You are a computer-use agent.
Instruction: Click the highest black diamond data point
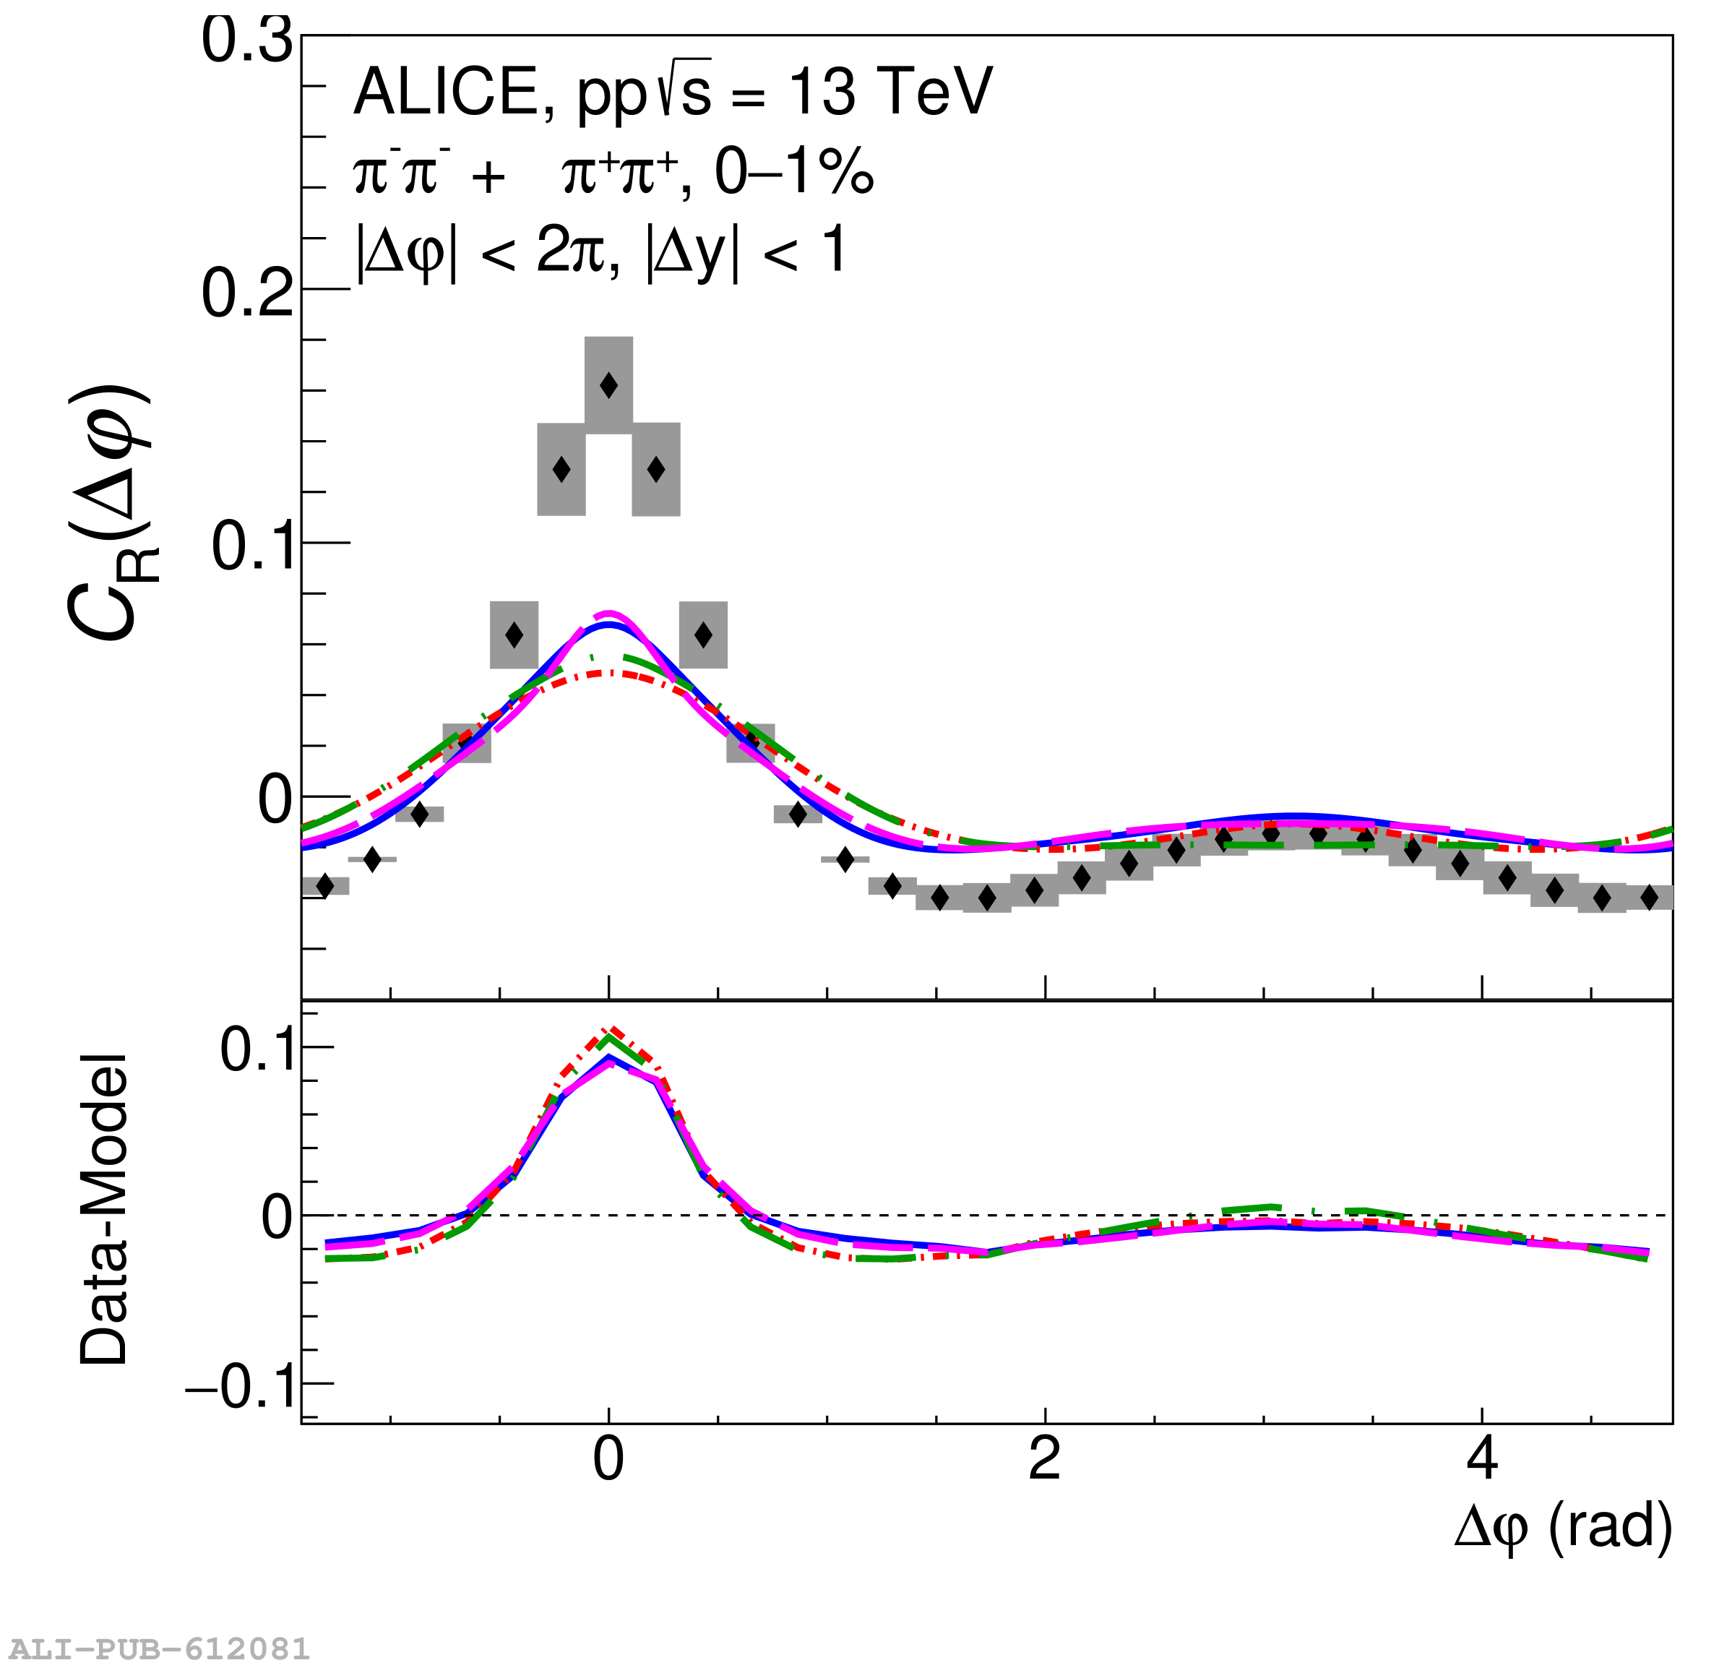(x=608, y=385)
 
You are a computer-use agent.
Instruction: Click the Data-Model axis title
(x=104, y=1211)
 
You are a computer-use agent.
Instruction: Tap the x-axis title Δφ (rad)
(x=1563, y=1528)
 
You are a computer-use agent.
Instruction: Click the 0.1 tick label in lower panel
(x=255, y=1048)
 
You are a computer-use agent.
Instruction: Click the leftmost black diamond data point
(x=324, y=886)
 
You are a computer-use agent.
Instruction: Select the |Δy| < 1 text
(x=746, y=252)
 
